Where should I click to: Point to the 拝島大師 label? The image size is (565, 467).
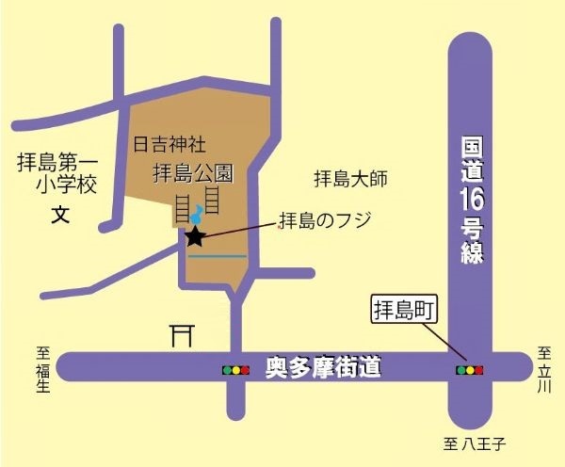(350, 178)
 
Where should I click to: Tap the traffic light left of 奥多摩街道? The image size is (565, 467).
(234, 370)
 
